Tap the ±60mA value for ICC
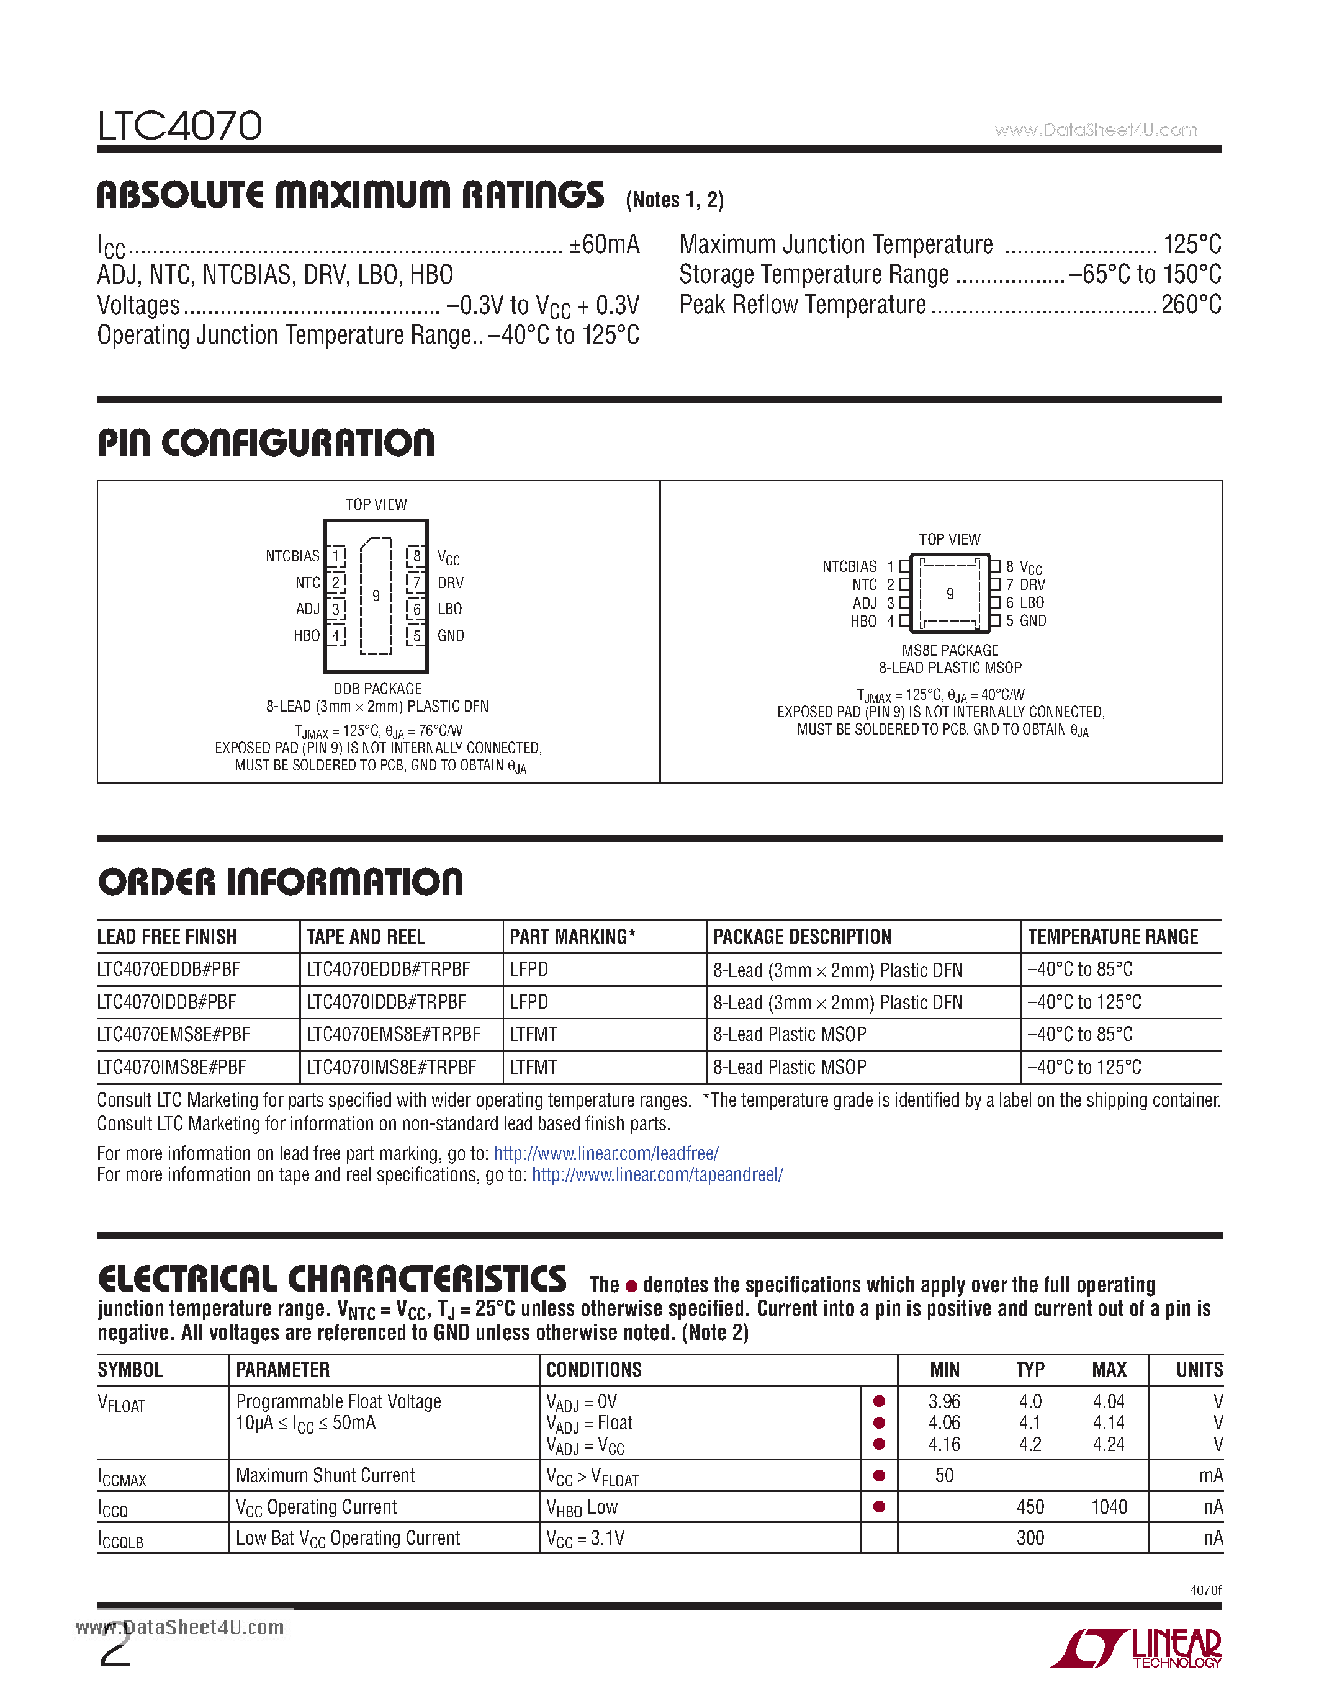pos(604,244)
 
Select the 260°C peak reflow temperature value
pos(1191,305)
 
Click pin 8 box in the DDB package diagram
pos(416,555)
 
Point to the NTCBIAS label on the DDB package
pos(292,556)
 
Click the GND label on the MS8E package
pos(1032,621)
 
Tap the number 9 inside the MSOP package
pos(950,594)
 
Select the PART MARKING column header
pos(572,937)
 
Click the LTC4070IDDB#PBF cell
pos(166,1002)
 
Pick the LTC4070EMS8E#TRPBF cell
pos(393,1034)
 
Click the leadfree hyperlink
pos(606,1154)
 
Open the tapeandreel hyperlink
pos(657,1175)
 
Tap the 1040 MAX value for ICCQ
pos(1109,1507)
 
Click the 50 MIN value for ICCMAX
pos(944,1476)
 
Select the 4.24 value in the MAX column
pos(1108,1444)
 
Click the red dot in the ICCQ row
pos(879,1507)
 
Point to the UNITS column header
pos(1199,1370)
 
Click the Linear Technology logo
pos(1137,1648)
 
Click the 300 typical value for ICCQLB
pos(1030,1538)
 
